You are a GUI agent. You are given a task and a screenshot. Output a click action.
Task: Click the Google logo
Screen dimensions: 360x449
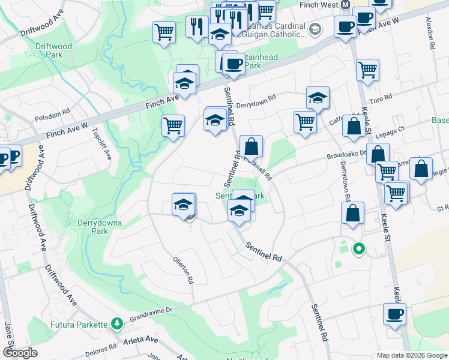[x=20, y=352]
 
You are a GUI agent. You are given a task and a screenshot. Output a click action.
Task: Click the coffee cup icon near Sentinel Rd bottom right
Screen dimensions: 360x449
[x=394, y=314]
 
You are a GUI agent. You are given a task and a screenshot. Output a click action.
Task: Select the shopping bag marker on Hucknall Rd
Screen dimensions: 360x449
[x=252, y=146]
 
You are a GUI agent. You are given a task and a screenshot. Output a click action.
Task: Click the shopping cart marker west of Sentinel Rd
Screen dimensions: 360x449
[x=173, y=126]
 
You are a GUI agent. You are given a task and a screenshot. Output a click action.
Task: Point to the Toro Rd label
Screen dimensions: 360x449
[x=381, y=98]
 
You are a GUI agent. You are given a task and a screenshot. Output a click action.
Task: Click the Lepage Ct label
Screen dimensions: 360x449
[x=391, y=128]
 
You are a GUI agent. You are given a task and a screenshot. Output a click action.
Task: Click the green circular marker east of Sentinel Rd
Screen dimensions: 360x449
[x=359, y=248]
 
